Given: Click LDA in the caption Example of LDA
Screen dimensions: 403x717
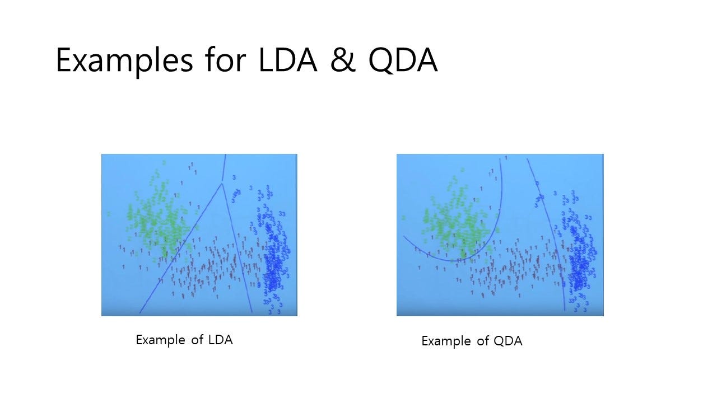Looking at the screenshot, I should (220, 340).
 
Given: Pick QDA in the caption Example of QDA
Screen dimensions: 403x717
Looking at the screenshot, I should (508, 341).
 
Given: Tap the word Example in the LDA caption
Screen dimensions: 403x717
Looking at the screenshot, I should (161, 340).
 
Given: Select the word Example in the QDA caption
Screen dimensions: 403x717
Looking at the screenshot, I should (446, 341).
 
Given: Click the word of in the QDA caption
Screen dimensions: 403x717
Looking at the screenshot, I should (482, 341).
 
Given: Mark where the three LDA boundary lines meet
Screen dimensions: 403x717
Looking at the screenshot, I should (222, 182).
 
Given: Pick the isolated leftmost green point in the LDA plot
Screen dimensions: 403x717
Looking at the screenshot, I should (108, 214).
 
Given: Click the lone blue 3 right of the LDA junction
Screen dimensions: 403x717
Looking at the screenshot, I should (234, 177).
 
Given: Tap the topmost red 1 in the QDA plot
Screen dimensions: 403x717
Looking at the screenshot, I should (506, 158).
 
